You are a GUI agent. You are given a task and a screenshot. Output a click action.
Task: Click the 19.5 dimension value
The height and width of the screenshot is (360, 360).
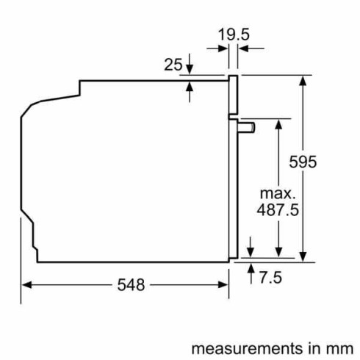tap(234, 33)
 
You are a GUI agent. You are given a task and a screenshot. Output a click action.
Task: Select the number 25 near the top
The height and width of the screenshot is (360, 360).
tap(173, 65)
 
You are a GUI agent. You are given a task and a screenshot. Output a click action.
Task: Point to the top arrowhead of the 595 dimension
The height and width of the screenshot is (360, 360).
tap(303, 80)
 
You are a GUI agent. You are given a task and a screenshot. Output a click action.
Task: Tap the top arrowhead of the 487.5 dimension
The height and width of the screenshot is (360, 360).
tap(278, 121)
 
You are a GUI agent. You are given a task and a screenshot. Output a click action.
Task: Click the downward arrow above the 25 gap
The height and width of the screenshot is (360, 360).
tap(190, 67)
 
